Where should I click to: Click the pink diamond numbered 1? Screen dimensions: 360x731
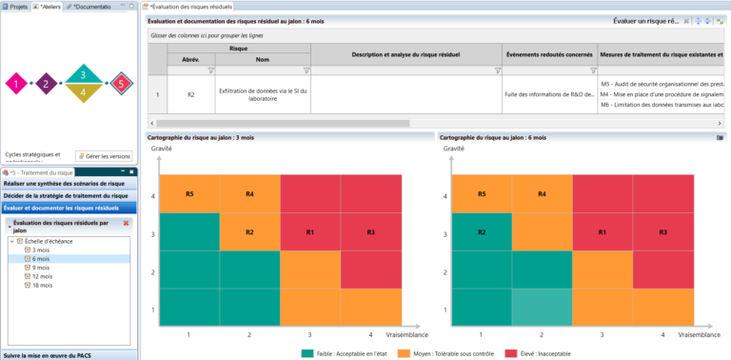click(x=16, y=84)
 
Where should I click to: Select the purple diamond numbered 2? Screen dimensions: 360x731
click(x=46, y=84)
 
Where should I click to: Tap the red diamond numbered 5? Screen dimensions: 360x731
click(x=120, y=84)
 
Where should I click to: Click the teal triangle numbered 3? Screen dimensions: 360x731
click(x=83, y=74)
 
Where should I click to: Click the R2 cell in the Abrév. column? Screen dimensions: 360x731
click(x=190, y=94)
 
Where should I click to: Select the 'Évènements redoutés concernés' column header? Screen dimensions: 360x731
click(x=549, y=53)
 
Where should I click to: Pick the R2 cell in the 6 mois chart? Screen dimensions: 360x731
click(x=482, y=231)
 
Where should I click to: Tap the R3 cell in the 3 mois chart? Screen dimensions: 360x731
click(x=370, y=231)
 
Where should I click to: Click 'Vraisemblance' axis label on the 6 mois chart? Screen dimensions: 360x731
click(x=700, y=335)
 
